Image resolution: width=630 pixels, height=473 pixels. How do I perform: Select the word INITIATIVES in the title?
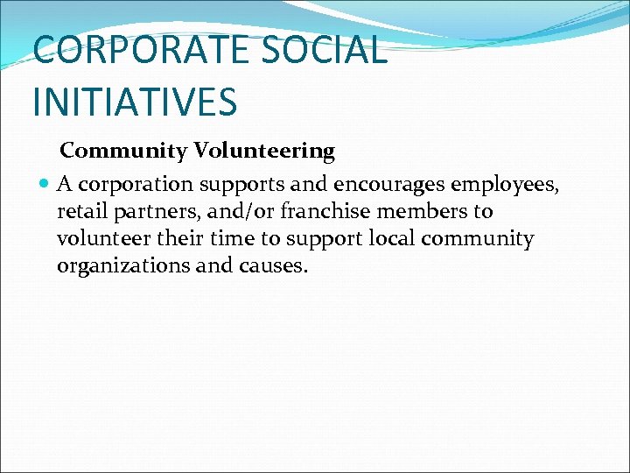click(135, 101)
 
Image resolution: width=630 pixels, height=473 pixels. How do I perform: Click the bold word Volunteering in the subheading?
click(264, 151)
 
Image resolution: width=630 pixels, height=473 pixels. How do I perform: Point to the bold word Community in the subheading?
click(123, 151)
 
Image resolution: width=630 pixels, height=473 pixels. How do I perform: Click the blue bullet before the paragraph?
click(45, 184)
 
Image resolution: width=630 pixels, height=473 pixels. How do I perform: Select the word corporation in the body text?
click(136, 185)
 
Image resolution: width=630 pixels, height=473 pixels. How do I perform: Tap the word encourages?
click(389, 185)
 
